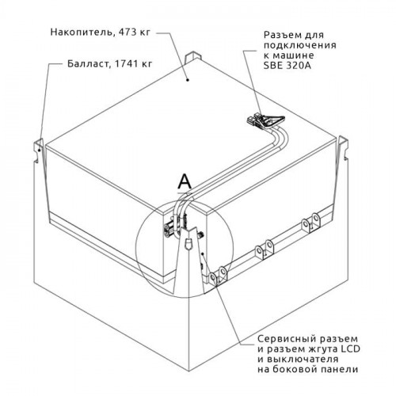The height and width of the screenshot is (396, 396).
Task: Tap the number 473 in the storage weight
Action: (128, 32)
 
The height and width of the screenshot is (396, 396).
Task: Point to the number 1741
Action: (125, 64)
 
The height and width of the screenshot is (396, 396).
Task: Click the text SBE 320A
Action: (287, 66)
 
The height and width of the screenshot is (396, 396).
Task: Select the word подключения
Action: (300, 45)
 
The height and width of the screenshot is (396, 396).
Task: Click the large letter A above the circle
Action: (185, 181)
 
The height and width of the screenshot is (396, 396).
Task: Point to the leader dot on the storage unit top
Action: (188, 80)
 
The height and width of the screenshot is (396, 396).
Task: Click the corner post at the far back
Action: (193, 58)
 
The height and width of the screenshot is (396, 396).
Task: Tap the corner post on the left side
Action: (39, 150)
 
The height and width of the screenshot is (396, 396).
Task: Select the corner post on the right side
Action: (344, 148)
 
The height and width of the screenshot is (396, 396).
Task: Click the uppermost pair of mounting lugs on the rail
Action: (311, 222)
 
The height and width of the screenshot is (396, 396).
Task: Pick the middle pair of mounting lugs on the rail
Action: (265, 249)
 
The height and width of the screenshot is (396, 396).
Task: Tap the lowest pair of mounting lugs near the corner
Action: (218, 276)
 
